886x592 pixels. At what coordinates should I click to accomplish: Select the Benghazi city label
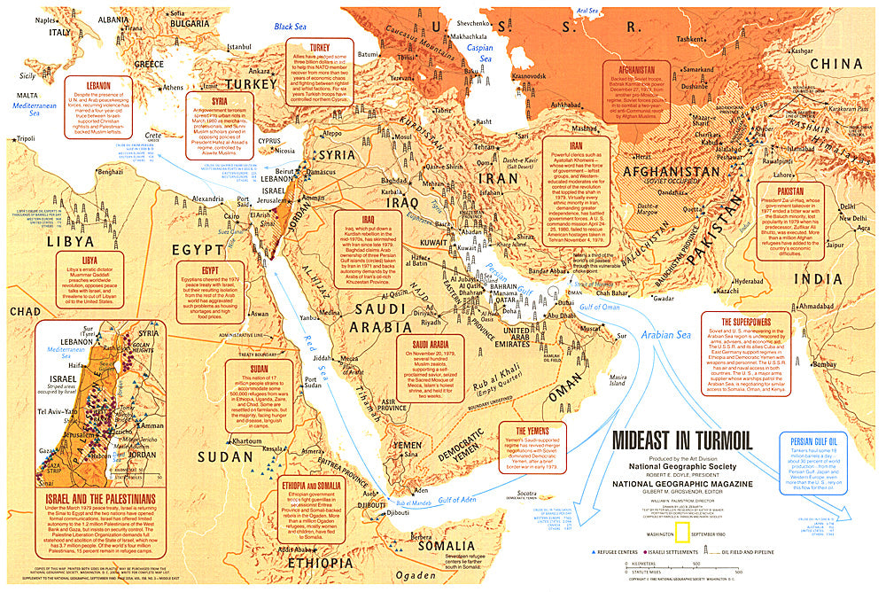(x=110, y=171)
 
